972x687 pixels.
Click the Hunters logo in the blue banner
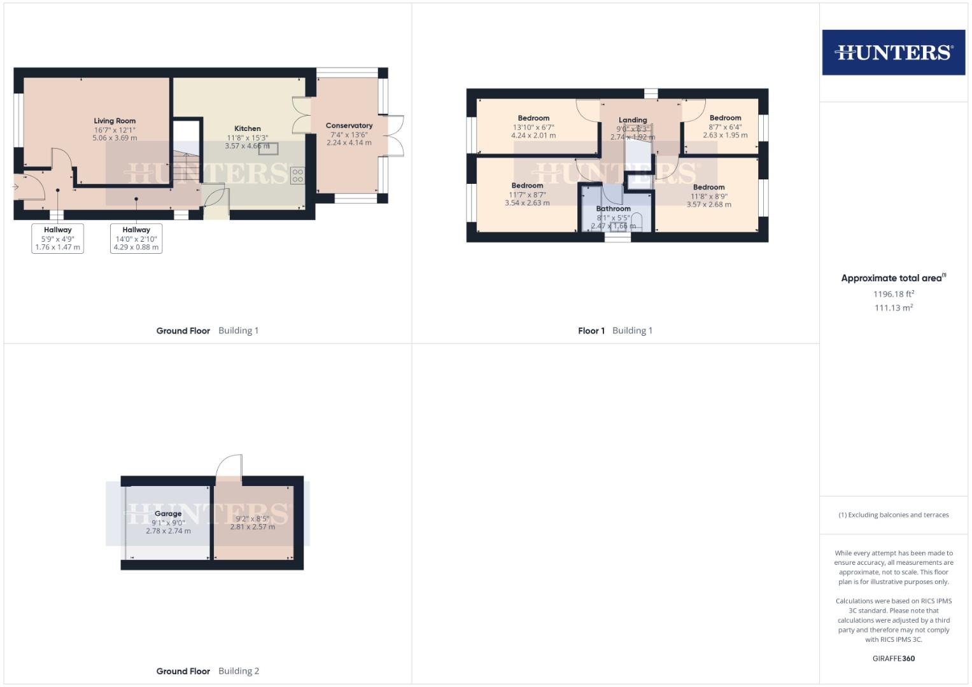point(893,52)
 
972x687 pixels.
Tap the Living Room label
point(115,121)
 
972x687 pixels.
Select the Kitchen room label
point(248,128)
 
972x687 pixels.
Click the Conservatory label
point(349,126)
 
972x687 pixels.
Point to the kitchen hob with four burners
point(297,176)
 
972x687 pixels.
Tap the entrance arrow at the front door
point(15,187)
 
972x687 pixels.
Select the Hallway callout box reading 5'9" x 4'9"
point(58,239)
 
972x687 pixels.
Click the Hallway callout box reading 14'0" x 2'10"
point(136,239)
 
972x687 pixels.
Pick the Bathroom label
point(613,209)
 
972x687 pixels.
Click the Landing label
point(633,120)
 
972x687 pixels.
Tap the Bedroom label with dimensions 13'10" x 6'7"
point(533,118)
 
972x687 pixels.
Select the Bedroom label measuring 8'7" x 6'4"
point(725,118)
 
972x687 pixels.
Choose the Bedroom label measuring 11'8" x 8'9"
point(708,188)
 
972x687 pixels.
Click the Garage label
point(168,514)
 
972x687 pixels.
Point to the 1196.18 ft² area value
point(894,294)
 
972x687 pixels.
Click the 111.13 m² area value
point(894,308)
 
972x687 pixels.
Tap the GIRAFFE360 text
point(893,658)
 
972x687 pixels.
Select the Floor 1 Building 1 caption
point(615,331)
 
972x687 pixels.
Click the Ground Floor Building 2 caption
point(208,671)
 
